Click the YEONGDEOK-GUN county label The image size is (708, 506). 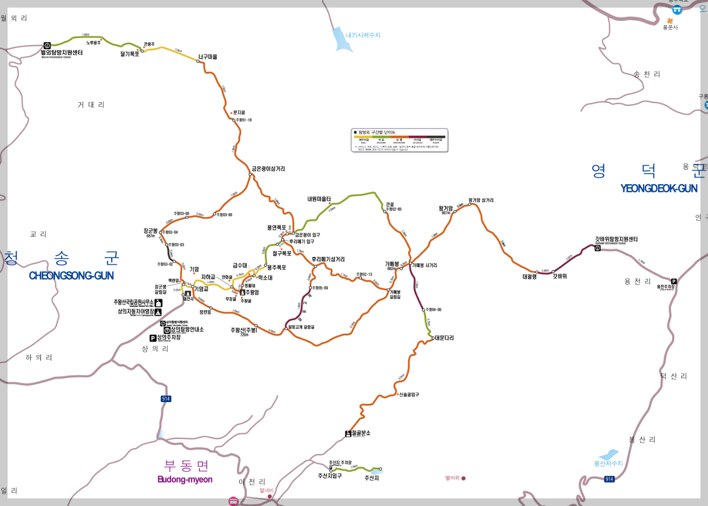pos(658,188)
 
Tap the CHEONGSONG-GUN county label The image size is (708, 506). pos(71,276)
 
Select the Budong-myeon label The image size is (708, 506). pos(185,480)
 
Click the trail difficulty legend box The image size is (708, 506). pos(400,140)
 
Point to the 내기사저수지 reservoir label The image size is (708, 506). pos(363,35)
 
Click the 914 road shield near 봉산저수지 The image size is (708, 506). pos(609,479)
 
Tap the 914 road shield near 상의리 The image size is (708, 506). pos(166,399)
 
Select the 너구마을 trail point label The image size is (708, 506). pos(208,57)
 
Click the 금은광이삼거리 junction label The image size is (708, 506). pos(269,169)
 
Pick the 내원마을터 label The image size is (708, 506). pos(319,199)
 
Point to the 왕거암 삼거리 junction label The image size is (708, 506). pos(481,200)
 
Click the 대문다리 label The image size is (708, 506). pos(445,338)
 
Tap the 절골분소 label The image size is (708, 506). pos(361,433)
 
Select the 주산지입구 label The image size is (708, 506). pos(330,476)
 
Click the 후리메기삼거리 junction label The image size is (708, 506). pos(328,259)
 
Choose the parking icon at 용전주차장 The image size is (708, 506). pos(674,281)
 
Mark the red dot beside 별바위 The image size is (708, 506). pos(463,478)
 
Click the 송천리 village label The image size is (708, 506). pos(647,74)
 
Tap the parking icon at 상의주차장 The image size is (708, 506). pos(153,338)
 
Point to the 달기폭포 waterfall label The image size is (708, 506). pos(129,54)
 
